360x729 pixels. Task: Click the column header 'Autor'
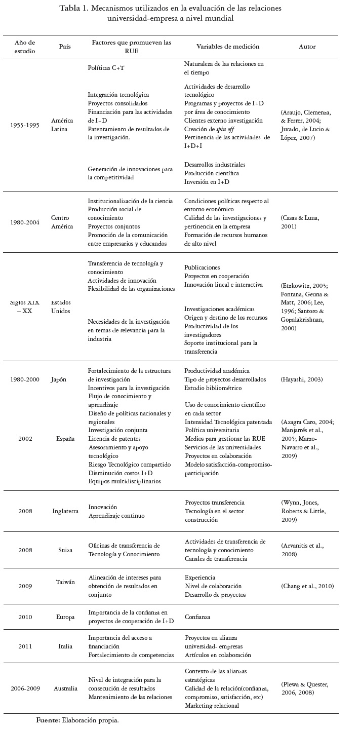[x=307, y=47]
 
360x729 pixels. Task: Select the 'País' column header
[x=65, y=47]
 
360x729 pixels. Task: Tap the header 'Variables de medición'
[x=228, y=47]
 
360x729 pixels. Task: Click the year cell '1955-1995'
[x=25, y=125]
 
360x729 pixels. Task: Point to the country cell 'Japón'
[x=58, y=379]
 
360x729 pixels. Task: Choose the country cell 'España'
[x=65, y=439]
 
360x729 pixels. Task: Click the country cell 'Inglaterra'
[x=65, y=511]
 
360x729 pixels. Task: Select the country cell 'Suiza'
[x=65, y=550]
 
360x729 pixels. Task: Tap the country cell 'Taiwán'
[x=65, y=582]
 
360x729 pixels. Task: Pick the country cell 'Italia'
[x=65, y=646]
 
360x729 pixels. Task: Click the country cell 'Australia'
[x=65, y=688]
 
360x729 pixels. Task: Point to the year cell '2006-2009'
[x=25, y=688]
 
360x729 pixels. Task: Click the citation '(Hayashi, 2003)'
[x=301, y=379]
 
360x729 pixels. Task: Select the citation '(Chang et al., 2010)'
[x=307, y=586]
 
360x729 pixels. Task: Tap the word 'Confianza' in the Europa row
[x=197, y=617]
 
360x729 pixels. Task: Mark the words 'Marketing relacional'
[x=211, y=705]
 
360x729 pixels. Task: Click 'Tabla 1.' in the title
[x=74, y=8]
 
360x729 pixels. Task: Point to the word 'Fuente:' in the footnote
[x=48, y=720]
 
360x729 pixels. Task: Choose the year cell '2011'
[x=25, y=646]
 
